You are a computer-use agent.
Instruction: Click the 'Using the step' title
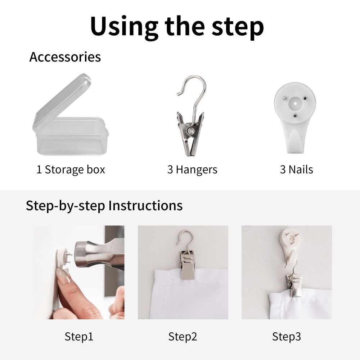(x=177, y=27)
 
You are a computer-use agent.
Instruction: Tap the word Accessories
(x=65, y=57)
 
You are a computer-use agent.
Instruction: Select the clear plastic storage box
(x=71, y=115)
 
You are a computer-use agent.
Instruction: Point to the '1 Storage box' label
(x=71, y=170)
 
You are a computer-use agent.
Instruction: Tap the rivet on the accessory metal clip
(x=190, y=131)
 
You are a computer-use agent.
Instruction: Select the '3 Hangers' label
(x=192, y=170)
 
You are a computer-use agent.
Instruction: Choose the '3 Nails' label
(x=296, y=170)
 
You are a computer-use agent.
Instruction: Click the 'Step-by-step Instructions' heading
(x=104, y=206)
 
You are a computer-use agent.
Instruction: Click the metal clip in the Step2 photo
(x=187, y=265)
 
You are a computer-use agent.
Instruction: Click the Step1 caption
(x=79, y=337)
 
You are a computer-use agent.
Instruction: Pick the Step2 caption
(x=183, y=337)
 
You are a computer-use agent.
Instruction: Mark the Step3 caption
(x=286, y=337)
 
